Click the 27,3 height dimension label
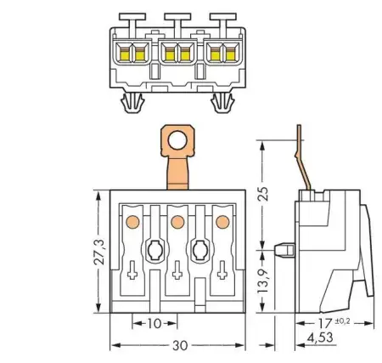tap(99, 252)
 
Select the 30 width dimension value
tap(180, 346)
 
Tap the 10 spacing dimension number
tap(154, 323)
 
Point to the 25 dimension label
tap(263, 194)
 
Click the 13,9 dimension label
tap(263, 281)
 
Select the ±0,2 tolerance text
tap(343, 321)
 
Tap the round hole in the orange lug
tap(177, 140)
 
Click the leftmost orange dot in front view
tap(132, 222)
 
